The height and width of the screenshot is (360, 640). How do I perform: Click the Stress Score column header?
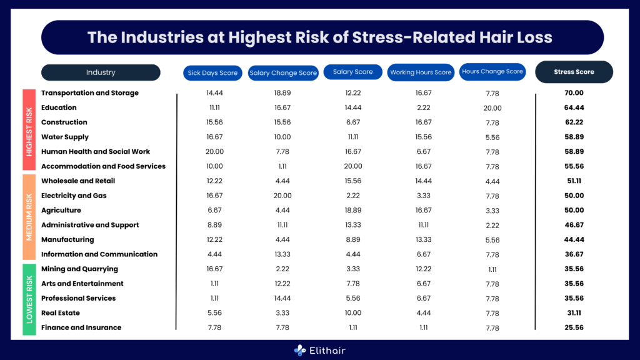(x=574, y=72)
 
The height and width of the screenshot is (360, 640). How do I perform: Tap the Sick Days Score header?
(x=212, y=72)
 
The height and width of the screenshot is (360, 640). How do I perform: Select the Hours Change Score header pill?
(x=492, y=72)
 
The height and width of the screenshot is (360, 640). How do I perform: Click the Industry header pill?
(x=101, y=72)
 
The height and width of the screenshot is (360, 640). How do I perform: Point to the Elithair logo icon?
(x=300, y=351)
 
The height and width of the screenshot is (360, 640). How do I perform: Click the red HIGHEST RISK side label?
(x=29, y=129)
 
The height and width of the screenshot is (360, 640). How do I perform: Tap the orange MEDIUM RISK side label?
(x=29, y=217)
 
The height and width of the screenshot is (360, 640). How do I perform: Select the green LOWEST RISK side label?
(x=29, y=299)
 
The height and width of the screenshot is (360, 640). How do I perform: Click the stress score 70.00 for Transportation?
(x=574, y=93)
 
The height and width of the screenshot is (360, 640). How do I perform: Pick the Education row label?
(x=59, y=107)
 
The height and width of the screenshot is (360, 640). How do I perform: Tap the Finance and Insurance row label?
(x=81, y=327)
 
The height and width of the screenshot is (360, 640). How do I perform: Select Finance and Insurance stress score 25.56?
(x=574, y=327)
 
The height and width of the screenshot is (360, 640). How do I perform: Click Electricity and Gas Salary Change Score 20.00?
(x=282, y=196)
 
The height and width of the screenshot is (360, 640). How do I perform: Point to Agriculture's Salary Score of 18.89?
(x=352, y=211)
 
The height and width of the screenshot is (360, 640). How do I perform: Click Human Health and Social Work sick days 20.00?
(x=214, y=152)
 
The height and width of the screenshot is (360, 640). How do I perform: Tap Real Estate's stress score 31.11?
(x=574, y=313)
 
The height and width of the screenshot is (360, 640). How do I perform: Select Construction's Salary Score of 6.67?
(x=352, y=122)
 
